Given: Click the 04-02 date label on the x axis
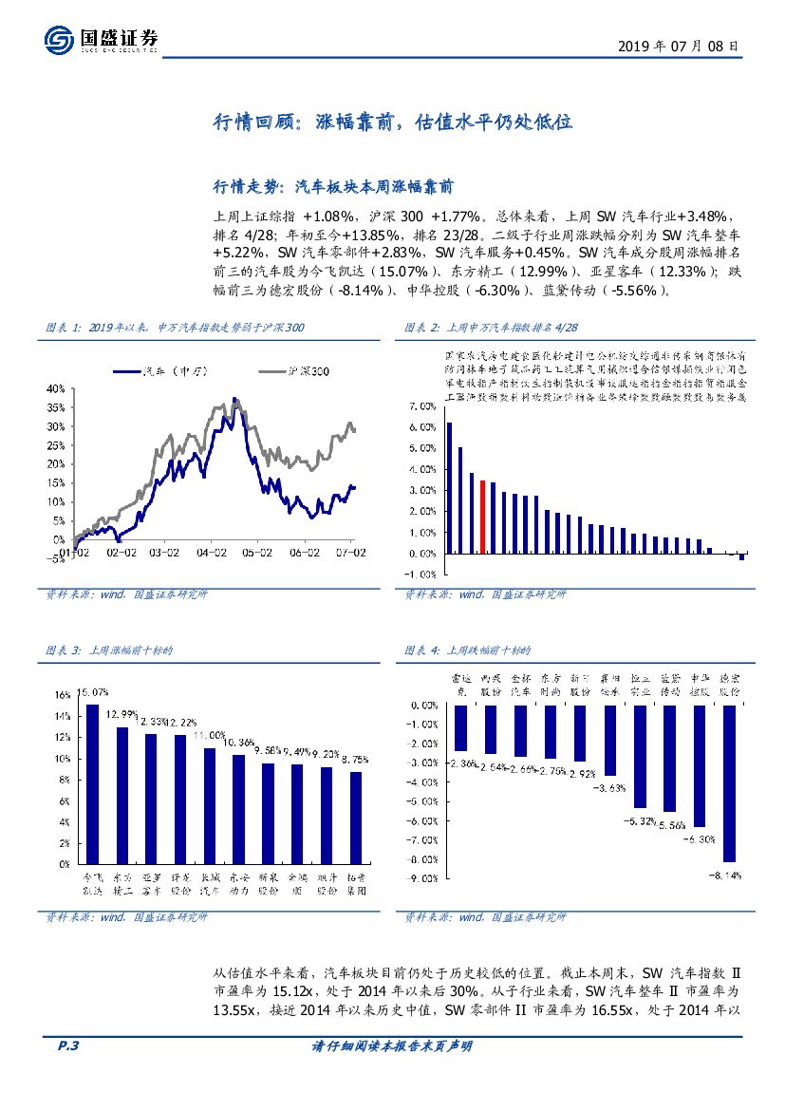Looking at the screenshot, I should [212, 550].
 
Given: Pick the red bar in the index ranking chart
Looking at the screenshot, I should [482, 517].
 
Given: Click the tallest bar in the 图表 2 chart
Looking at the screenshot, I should [449, 488].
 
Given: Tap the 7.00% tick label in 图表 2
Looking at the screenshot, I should [421, 405].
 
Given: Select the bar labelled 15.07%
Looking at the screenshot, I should [92, 784].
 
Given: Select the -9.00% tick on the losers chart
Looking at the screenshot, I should [421, 878].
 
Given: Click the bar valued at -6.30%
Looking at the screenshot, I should [700, 765].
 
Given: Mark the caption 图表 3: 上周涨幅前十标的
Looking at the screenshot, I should [109, 650].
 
